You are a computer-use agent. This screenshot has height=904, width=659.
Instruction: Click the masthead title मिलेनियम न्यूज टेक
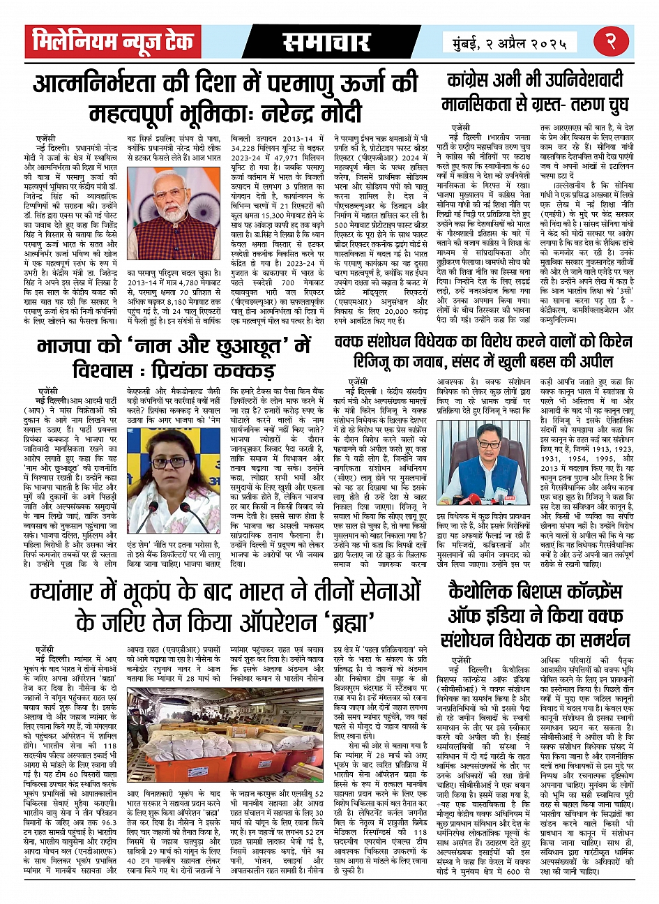coord(112,43)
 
